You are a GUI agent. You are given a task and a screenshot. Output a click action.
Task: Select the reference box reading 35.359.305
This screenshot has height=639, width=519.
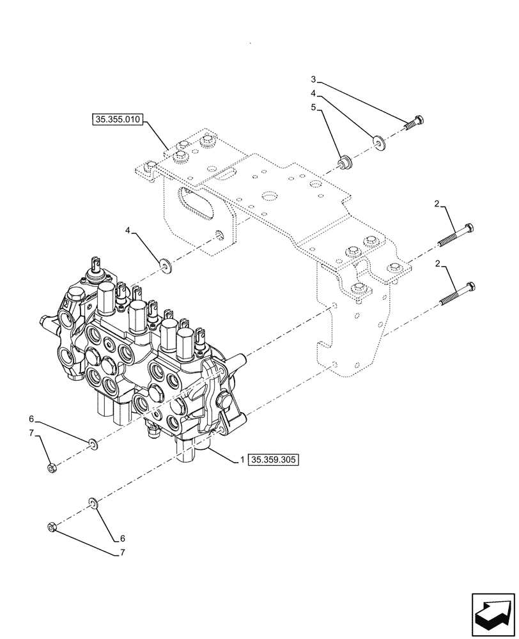pyautogui.click(x=274, y=459)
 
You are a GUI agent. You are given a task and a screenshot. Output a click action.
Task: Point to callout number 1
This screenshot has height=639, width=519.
pyautogui.click(x=242, y=459)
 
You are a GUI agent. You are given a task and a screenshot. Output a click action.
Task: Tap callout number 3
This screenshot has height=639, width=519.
pyautogui.click(x=313, y=80)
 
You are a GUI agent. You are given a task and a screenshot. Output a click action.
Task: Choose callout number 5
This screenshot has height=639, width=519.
pyautogui.click(x=313, y=108)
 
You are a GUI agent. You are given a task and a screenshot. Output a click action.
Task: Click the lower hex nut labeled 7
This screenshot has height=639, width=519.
pyautogui.click(x=53, y=527)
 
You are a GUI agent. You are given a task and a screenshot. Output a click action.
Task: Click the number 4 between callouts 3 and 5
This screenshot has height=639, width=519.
pyautogui.click(x=313, y=93)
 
